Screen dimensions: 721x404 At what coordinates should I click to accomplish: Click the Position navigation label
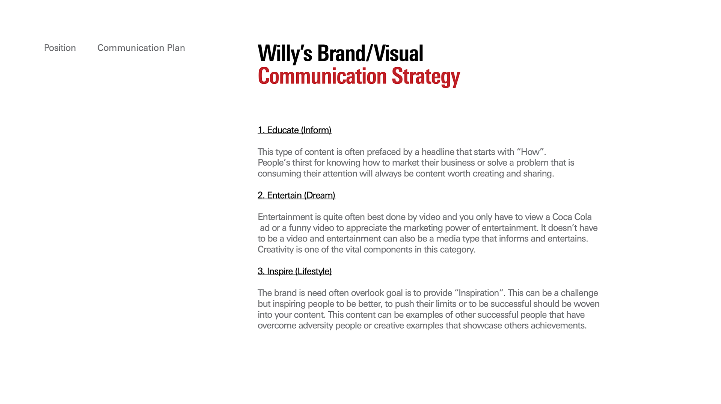pos(60,48)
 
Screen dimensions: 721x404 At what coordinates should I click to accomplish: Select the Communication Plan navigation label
pos(141,48)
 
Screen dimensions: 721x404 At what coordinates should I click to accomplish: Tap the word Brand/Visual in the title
pos(370,53)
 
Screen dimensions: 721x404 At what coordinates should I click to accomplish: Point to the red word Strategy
pos(426,77)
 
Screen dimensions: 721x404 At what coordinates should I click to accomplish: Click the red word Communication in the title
pos(322,76)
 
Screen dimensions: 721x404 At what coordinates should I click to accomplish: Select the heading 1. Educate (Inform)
pos(294,130)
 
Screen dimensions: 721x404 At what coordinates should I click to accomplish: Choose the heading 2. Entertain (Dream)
pos(296,196)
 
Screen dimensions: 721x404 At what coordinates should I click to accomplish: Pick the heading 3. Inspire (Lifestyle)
pos(294,271)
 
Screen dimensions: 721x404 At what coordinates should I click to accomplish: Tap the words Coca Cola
pos(572,217)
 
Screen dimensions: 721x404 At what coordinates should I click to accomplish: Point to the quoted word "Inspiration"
pos(479,293)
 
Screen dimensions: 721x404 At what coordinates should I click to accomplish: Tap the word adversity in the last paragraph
pos(316,326)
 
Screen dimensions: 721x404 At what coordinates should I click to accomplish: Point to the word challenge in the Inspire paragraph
pos(579,293)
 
